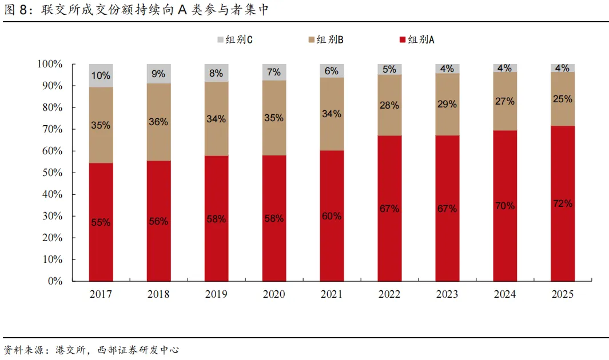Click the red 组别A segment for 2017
(101, 222)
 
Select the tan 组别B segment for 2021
(332, 114)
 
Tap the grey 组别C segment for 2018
(158, 74)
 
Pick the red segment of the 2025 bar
(562, 203)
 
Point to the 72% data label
(562, 203)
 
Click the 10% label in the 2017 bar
(101, 75)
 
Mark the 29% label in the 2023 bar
(447, 104)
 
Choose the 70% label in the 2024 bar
(505, 206)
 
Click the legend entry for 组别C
(235, 39)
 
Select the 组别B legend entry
(326, 39)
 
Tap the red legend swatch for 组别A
(403, 39)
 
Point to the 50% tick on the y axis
(53, 172)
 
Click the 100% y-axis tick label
(50, 63)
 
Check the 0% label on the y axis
(55, 281)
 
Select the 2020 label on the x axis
(274, 294)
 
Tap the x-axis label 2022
(389, 294)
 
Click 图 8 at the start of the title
(15, 10)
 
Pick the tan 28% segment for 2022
(389, 105)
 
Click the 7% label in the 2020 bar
(274, 72)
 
